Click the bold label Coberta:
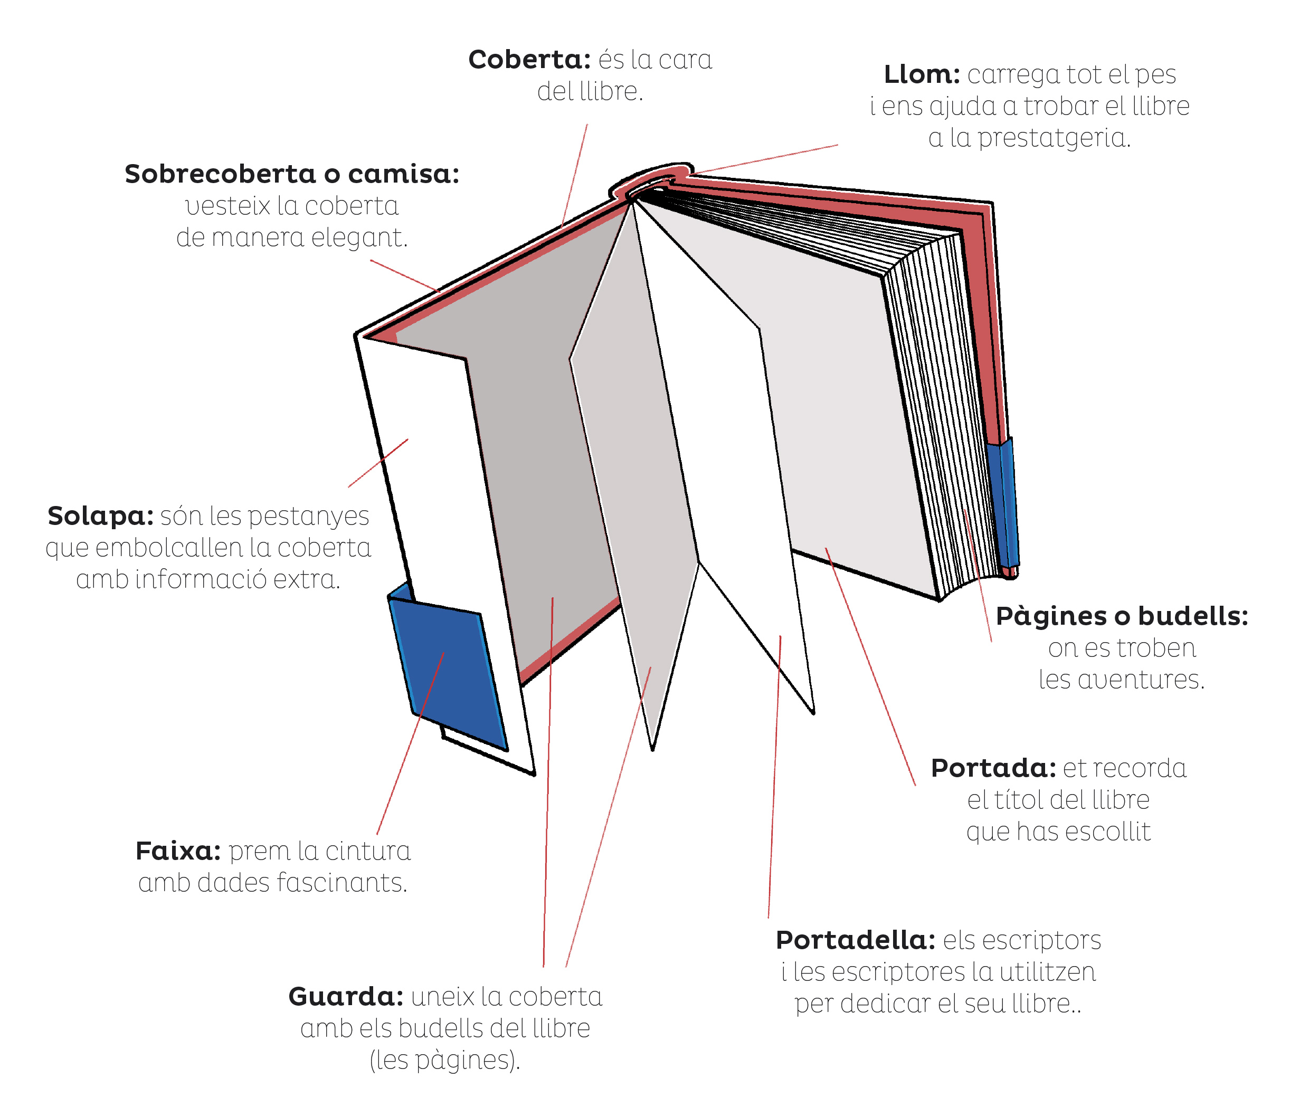click(x=529, y=60)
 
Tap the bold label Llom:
click(x=921, y=74)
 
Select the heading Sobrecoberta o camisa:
click(x=292, y=174)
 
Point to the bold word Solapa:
click(x=100, y=516)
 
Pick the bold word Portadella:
click(x=855, y=940)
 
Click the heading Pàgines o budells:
click(x=1122, y=616)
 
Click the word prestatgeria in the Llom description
click(x=1054, y=138)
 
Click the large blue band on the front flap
click(x=449, y=673)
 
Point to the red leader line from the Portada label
click(x=872, y=670)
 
